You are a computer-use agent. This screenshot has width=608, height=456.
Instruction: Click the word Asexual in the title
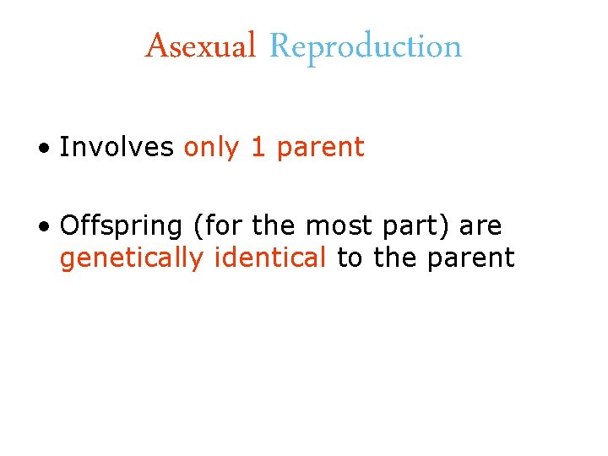click(x=200, y=46)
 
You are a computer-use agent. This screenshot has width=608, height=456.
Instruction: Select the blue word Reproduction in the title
click(x=366, y=47)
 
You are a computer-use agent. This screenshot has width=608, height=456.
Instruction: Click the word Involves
click(x=117, y=147)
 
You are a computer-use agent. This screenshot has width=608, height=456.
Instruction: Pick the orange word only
click(x=212, y=148)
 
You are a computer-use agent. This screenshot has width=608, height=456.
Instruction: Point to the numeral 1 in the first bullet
click(x=258, y=147)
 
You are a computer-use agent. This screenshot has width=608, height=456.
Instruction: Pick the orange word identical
click(x=270, y=257)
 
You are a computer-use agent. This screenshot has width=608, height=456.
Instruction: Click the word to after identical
click(x=350, y=258)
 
